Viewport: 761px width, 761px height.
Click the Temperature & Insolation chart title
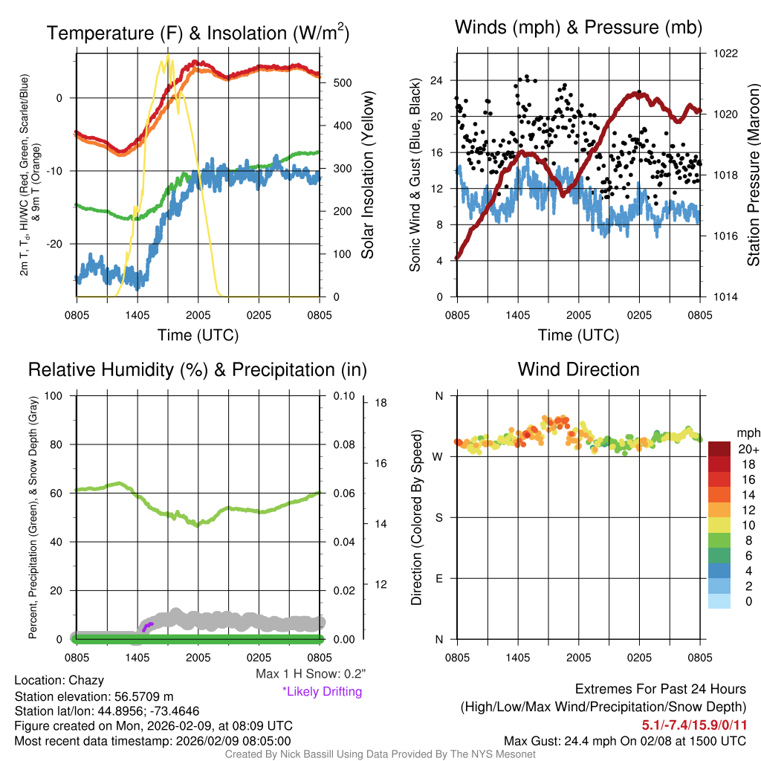198,33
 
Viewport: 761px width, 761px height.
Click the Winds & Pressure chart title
578,28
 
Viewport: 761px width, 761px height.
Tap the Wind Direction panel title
578,369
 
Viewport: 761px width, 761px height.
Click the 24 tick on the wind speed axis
436,80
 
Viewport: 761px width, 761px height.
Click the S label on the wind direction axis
438,517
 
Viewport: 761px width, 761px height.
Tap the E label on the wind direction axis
438,578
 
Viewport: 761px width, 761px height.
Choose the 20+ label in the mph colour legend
748,449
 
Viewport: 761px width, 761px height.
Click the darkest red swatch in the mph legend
719,449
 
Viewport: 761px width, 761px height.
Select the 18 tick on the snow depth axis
379,403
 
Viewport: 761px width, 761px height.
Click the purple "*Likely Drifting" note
322,691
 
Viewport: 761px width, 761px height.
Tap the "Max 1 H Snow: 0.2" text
310,674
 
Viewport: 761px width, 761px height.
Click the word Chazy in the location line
86,680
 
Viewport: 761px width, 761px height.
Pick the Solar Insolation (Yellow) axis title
366,175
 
